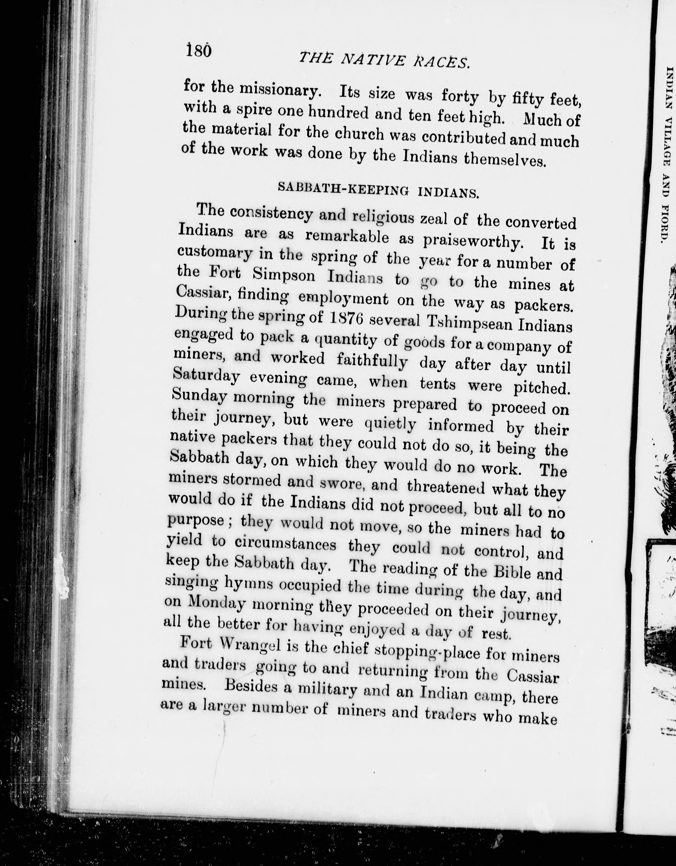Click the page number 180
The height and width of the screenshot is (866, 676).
click(199, 51)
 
